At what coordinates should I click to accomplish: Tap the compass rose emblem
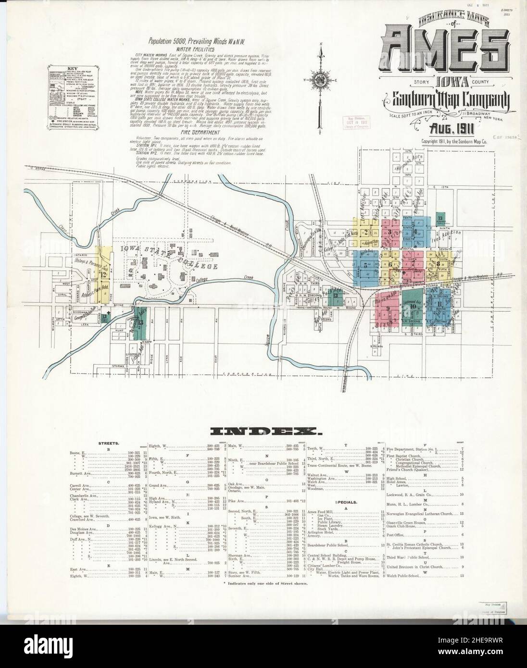tap(319, 78)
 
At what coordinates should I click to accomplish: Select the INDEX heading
tap(263, 431)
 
